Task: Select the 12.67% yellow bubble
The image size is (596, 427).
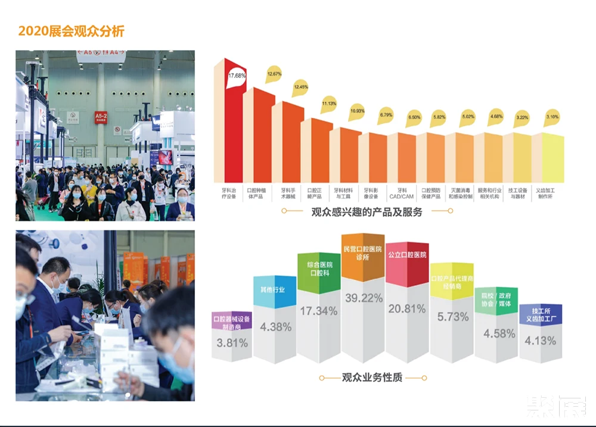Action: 274,73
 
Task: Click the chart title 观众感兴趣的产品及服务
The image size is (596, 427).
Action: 367,211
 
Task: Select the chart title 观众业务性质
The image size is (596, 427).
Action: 371,378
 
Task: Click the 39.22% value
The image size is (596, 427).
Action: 363,298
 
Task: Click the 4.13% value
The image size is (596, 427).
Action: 541,341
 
